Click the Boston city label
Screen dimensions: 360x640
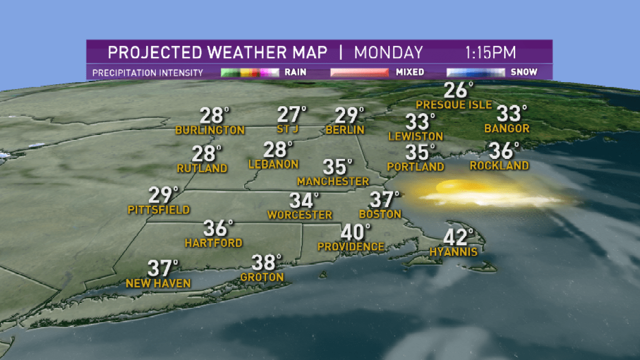(380, 214)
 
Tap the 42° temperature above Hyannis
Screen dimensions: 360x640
(458, 237)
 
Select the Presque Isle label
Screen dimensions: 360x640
(454, 105)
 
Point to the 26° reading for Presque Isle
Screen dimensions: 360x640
(458, 91)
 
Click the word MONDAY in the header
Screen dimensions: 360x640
(388, 53)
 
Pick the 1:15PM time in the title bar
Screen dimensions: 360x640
(490, 53)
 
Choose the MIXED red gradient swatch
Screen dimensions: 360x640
(359, 72)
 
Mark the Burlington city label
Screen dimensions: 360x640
(210, 130)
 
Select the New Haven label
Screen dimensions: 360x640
(158, 284)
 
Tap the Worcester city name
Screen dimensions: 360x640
(300, 215)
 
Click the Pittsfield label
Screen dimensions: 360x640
(159, 210)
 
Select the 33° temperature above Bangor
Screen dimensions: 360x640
(511, 114)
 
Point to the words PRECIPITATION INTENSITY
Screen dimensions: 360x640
(148, 73)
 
